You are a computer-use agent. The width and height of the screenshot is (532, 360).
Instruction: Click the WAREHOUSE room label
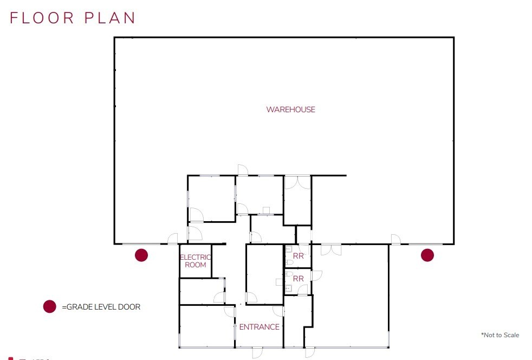click(x=290, y=110)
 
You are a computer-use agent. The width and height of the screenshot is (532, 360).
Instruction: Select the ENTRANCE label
click(x=259, y=327)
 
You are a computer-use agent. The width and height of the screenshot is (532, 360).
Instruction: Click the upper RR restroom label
click(x=298, y=256)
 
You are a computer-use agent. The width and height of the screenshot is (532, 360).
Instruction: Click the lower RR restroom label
click(x=298, y=278)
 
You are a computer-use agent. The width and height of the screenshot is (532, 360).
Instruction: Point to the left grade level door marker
click(x=141, y=255)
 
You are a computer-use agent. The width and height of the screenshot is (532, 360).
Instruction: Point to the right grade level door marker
click(x=427, y=255)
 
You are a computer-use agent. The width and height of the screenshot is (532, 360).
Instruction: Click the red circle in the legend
click(x=50, y=307)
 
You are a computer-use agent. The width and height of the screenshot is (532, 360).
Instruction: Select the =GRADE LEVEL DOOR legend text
click(x=101, y=307)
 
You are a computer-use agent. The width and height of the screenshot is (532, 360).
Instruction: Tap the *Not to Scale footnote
click(x=499, y=335)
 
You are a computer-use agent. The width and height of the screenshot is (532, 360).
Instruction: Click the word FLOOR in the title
click(x=41, y=17)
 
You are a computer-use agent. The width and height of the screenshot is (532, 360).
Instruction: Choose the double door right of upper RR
click(x=330, y=249)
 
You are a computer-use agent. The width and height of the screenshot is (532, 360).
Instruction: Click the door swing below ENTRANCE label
click(x=257, y=352)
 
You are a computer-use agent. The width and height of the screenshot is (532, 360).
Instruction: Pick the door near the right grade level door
click(x=395, y=239)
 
